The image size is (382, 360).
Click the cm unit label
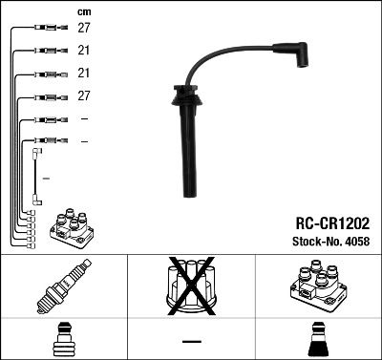[84, 11]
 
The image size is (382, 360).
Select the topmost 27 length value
[84, 29]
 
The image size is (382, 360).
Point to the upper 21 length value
[84, 51]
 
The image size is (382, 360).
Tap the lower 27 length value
[84, 96]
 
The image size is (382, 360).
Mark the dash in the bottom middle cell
[191, 340]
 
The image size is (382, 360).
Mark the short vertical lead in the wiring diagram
[36, 177]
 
